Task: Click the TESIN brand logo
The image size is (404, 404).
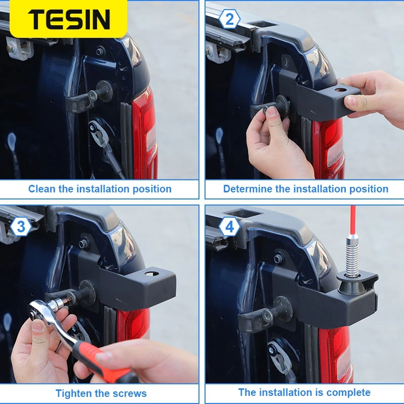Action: click(69, 19)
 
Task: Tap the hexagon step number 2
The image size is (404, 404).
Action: click(229, 19)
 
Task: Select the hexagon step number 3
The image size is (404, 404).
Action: click(21, 226)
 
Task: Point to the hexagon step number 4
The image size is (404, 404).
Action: click(229, 227)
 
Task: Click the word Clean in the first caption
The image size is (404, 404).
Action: click(42, 189)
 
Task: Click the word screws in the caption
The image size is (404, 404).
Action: click(130, 393)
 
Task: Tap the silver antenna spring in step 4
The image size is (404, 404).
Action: click(352, 255)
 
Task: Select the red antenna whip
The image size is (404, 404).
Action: click(352, 220)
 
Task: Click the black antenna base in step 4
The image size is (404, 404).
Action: click(351, 285)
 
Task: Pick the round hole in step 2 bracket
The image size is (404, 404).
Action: click(340, 90)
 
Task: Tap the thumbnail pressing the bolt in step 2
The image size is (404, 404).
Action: click(271, 112)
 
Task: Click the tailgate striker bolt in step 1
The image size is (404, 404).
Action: click(93, 95)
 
